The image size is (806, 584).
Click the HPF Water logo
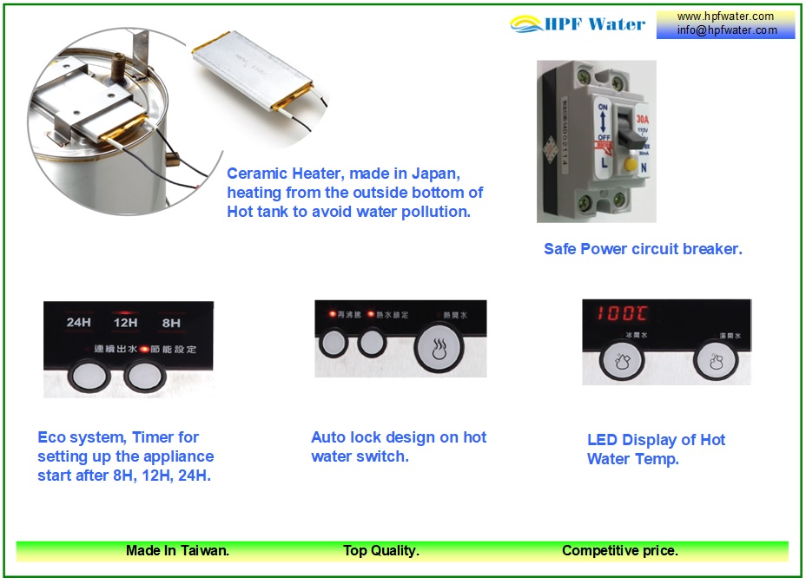tap(578, 23)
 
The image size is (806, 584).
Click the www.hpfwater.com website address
tap(725, 16)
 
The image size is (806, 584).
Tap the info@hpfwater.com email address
tap(727, 30)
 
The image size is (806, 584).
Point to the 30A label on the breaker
tap(642, 119)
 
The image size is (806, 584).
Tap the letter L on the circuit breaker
tap(603, 161)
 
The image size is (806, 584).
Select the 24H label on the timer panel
tap(79, 323)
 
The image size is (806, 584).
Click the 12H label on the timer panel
tap(126, 323)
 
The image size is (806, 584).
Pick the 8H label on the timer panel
tap(171, 323)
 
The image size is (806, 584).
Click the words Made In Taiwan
tap(177, 550)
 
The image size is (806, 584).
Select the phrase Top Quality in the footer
tap(381, 550)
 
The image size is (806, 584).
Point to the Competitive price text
tap(620, 550)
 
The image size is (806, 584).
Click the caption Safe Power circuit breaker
tap(643, 249)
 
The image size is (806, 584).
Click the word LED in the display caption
tap(603, 440)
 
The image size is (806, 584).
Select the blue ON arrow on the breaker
tap(602, 121)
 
